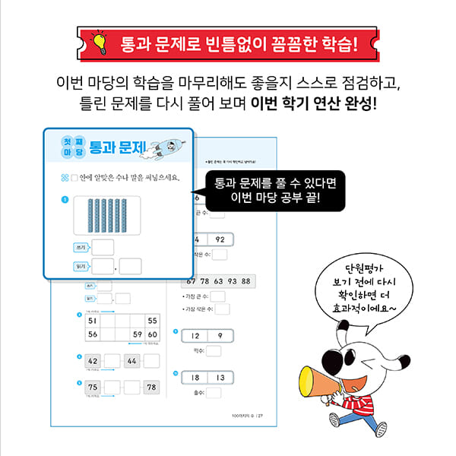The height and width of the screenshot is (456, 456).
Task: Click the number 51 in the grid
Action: (x=93, y=321)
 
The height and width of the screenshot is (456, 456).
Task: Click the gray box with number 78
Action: (x=152, y=388)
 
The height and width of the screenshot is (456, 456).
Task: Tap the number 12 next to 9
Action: (x=195, y=336)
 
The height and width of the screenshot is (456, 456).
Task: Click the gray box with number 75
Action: (x=93, y=388)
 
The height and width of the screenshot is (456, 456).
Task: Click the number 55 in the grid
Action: (x=152, y=321)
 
